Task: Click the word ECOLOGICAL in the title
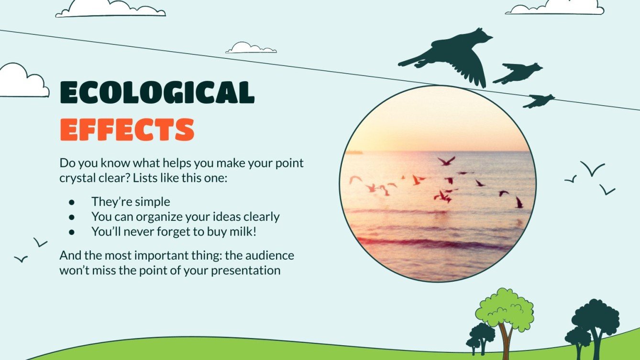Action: point(157,93)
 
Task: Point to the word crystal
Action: point(77,178)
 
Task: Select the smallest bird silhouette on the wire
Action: point(539,100)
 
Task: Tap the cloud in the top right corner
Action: point(555,7)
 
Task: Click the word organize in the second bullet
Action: point(157,217)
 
